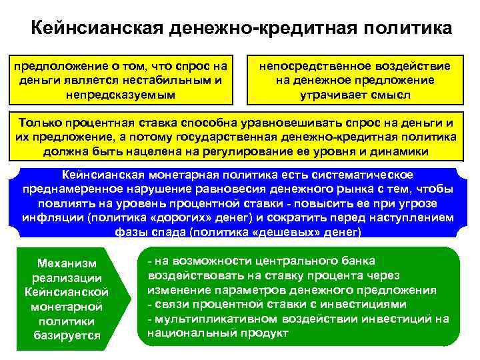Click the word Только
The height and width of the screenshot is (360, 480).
[x=41, y=123]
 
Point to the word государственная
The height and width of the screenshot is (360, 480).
[x=234, y=137]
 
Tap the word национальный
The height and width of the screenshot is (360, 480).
[x=184, y=332]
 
